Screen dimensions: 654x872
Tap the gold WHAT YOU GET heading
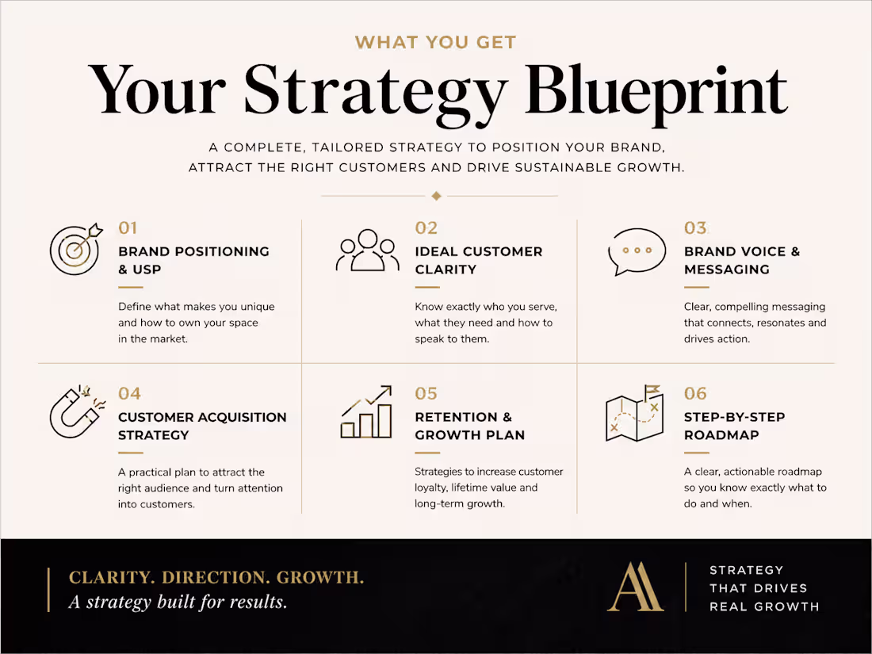coord(435,42)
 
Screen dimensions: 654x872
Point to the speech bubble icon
coord(637,252)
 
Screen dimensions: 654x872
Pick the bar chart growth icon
coord(366,412)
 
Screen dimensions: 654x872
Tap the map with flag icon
coord(634,414)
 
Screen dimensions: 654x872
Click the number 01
coord(128,228)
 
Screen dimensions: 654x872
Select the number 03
coord(695,228)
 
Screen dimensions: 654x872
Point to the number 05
coord(426,394)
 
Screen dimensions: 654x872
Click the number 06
coord(695,394)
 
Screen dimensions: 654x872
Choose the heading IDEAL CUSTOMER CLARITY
coord(478,260)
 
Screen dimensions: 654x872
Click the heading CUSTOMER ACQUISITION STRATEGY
coord(202,426)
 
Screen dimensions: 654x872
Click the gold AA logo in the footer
coord(635,587)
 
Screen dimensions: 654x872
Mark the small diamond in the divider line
coord(435,196)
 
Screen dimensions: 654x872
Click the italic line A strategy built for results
coord(178,602)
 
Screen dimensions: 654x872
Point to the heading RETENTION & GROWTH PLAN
coord(469,426)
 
